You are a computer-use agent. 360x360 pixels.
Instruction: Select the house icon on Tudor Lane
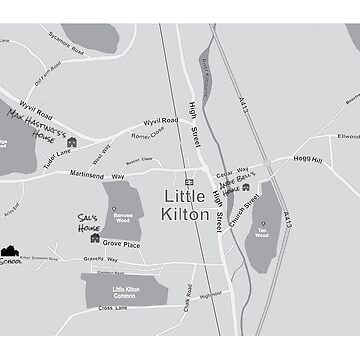point(72,143)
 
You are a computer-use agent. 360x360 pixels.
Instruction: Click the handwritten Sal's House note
point(89,222)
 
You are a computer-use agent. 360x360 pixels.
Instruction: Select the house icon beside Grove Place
point(95,238)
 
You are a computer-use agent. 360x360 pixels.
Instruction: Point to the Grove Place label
point(121,244)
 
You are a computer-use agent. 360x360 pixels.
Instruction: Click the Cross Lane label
point(113,308)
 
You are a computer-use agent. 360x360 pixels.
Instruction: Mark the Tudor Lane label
point(56,153)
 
